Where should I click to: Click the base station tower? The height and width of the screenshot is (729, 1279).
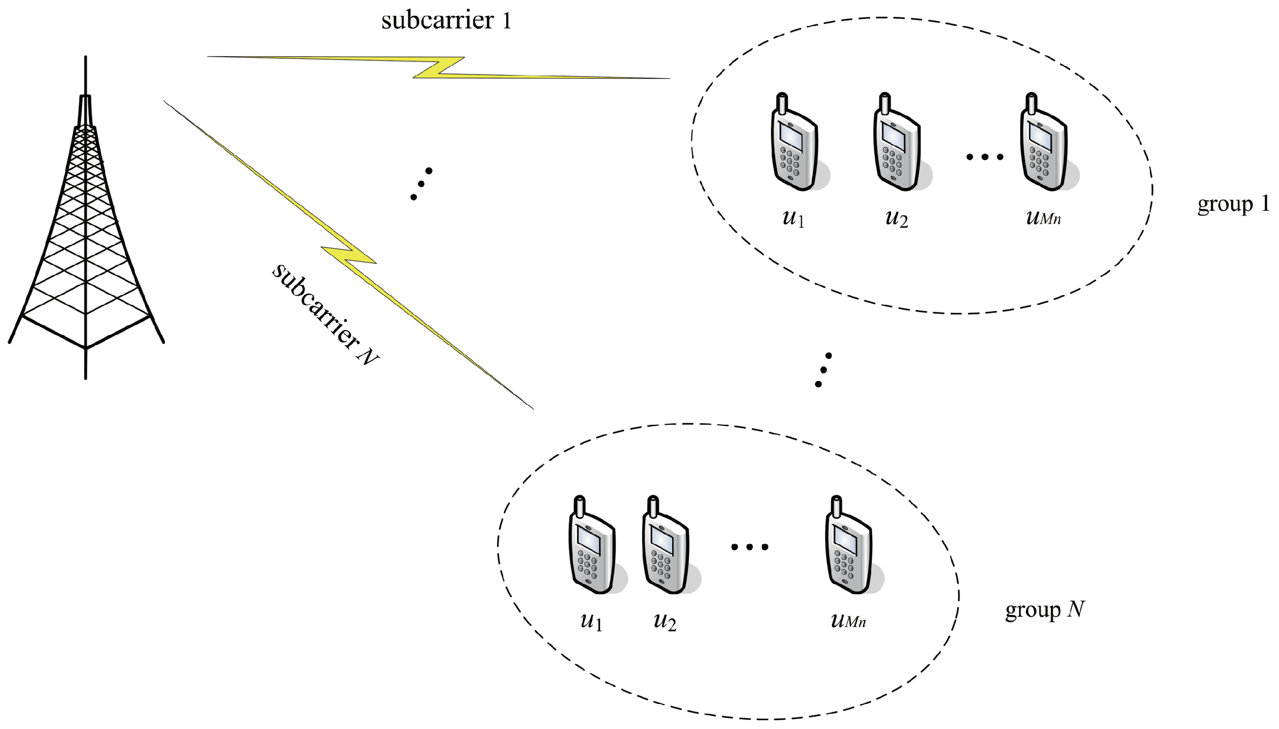click(86, 230)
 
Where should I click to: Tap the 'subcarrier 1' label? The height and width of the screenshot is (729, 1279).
click(446, 21)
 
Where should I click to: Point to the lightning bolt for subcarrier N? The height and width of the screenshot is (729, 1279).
click(349, 255)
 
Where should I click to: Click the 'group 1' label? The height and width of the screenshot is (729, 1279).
click(1232, 204)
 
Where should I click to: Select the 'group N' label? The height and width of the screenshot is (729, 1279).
click(1044, 610)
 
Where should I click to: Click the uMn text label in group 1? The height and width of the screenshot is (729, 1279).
click(1043, 218)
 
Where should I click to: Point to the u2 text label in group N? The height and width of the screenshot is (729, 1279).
click(665, 621)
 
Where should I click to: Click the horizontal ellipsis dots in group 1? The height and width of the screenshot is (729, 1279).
click(985, 157)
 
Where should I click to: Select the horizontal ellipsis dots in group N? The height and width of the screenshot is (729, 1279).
click(749, 547)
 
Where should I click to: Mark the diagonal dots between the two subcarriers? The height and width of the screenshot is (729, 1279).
click(421, 184)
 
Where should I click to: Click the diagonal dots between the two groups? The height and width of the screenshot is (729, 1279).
click(823, 370)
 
